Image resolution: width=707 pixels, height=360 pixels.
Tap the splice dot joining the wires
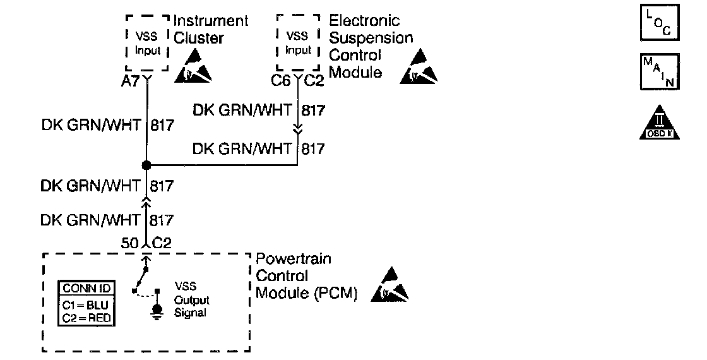click(146, 165)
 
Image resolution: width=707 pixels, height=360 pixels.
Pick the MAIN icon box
click(660, 73)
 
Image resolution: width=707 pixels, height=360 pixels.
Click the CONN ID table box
click(86, 303)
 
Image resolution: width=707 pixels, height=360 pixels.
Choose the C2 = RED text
click(86, 318)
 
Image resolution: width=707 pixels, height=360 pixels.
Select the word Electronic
click(364, 21)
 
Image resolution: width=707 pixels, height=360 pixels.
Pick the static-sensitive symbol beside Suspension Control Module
click(418, 69)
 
